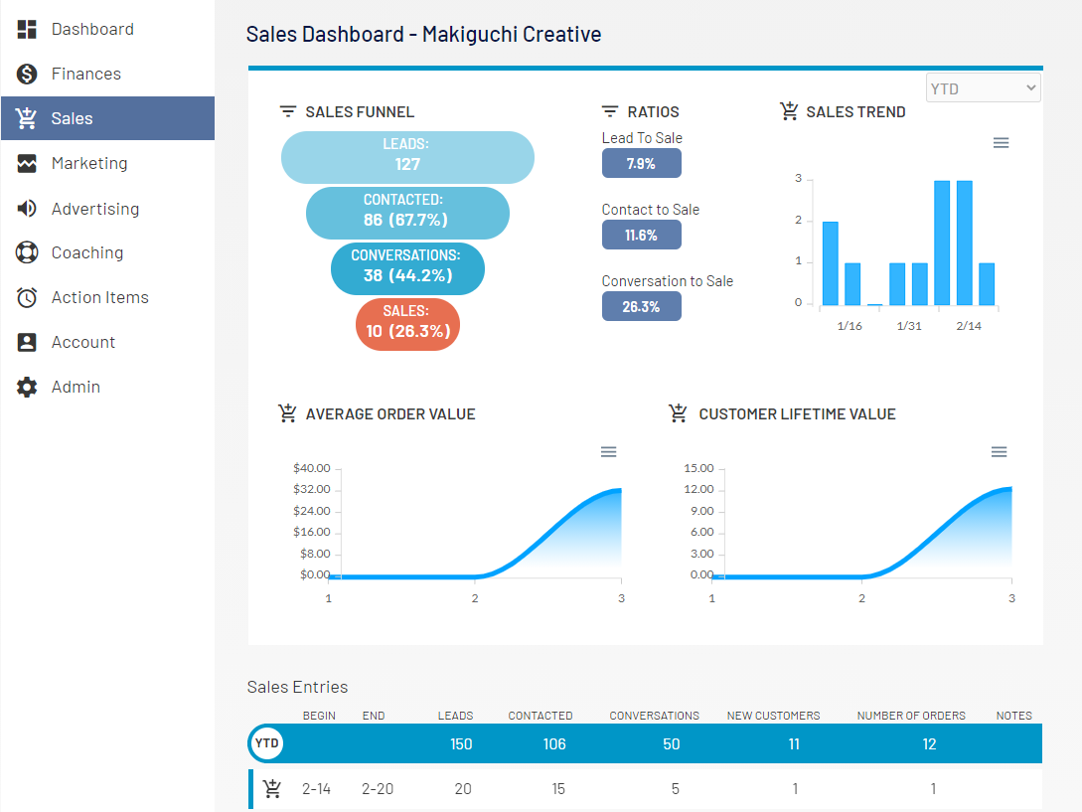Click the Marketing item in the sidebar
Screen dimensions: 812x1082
(x=89, y=163)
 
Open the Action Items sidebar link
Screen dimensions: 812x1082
(x=99, y=297)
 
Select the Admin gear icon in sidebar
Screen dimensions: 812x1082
(x=27, y=387)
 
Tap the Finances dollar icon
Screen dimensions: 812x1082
(x=27, y=74)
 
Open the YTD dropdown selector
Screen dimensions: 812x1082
(x=983, y=88)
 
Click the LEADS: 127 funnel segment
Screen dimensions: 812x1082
(x=407, y=157)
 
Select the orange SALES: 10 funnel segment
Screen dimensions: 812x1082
(x=407, y=323)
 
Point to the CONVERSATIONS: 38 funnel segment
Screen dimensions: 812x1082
(x=407, y=267)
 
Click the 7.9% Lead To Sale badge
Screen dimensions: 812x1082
(x=641, y=163)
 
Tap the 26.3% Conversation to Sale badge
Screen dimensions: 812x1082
(x=641, y=306)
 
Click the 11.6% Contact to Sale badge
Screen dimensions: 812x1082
(x=641, y=235)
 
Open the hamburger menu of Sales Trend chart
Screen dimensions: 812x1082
(x=1001, y=143)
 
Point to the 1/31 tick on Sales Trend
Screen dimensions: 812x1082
(x=908, y=326)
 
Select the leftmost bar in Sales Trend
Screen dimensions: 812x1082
(x=830, y=263)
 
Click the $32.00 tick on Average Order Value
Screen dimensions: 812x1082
(x=312, y=490)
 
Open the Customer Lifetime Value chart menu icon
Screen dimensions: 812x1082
(x=999, y=452)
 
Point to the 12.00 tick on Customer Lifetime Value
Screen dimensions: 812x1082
(x=698, y=490)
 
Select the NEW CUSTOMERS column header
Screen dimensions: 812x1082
(x=773, y=716)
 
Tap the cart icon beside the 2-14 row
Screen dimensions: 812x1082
(x=272, y=789)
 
